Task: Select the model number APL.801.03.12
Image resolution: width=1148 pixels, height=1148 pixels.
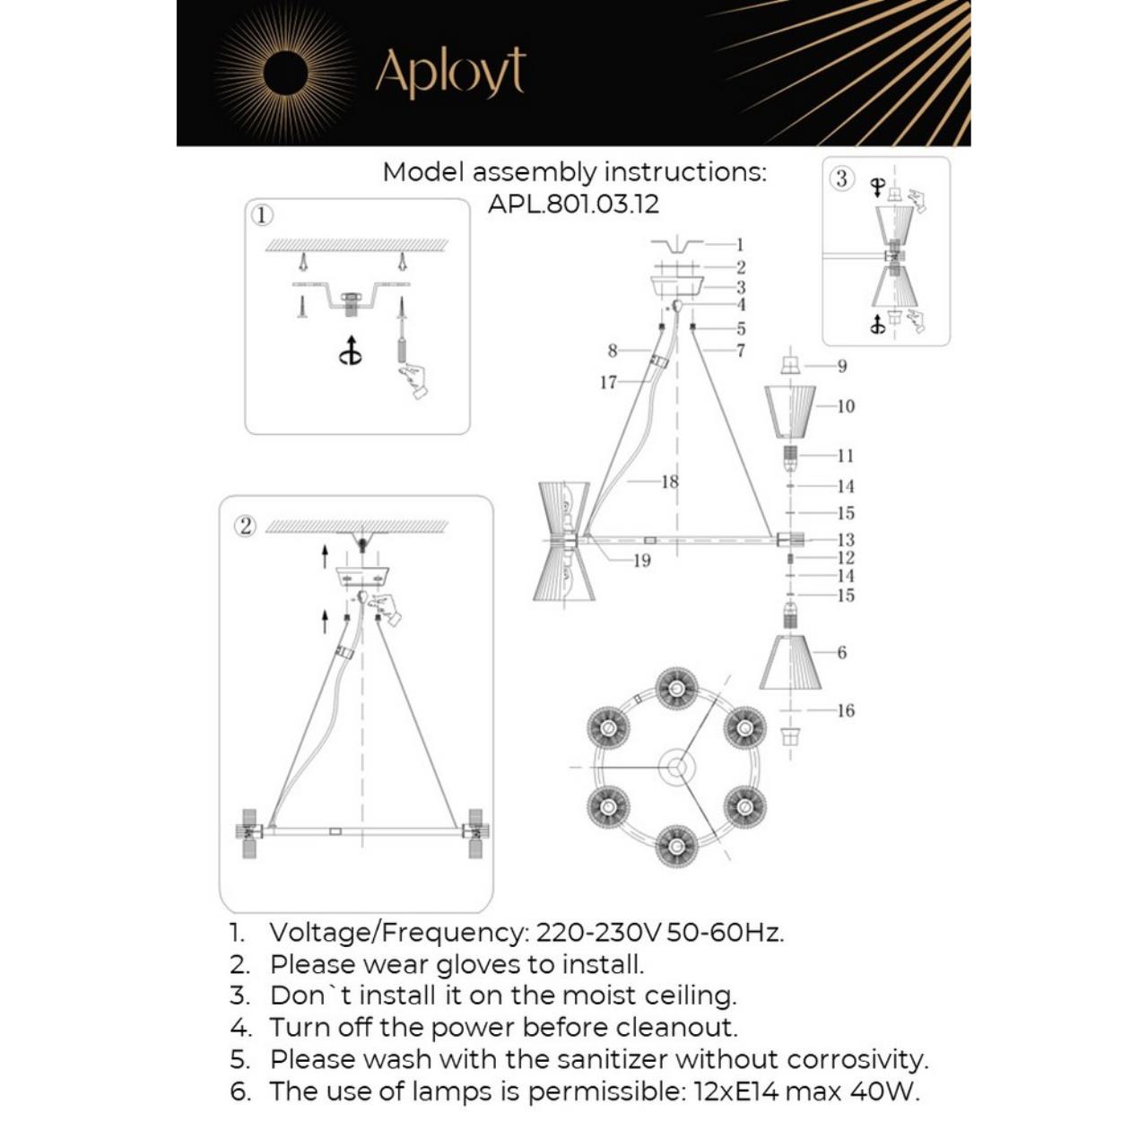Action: tap(573, 204)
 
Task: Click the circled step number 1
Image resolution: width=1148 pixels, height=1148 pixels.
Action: tap(261, 215)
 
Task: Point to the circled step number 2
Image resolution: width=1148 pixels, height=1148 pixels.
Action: tap(245, 526)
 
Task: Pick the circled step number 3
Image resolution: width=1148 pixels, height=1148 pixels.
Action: tap(840, 178)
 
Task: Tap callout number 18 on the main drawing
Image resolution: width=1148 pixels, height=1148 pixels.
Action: tap(669, 482)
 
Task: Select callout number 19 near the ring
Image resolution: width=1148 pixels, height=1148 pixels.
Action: tap(641, 561)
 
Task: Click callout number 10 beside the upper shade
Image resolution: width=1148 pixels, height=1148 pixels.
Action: tap(845, 406)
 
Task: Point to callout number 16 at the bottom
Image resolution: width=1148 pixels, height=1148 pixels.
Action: tap(845, 710)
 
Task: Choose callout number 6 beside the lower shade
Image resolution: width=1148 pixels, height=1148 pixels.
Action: tap(841, 652)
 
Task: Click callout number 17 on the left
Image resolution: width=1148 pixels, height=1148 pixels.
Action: tap(608, 382)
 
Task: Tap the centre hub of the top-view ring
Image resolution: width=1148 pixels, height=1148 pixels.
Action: tap(675, 768)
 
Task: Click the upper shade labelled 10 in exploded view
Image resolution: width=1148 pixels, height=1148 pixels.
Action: tap(789, 411)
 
